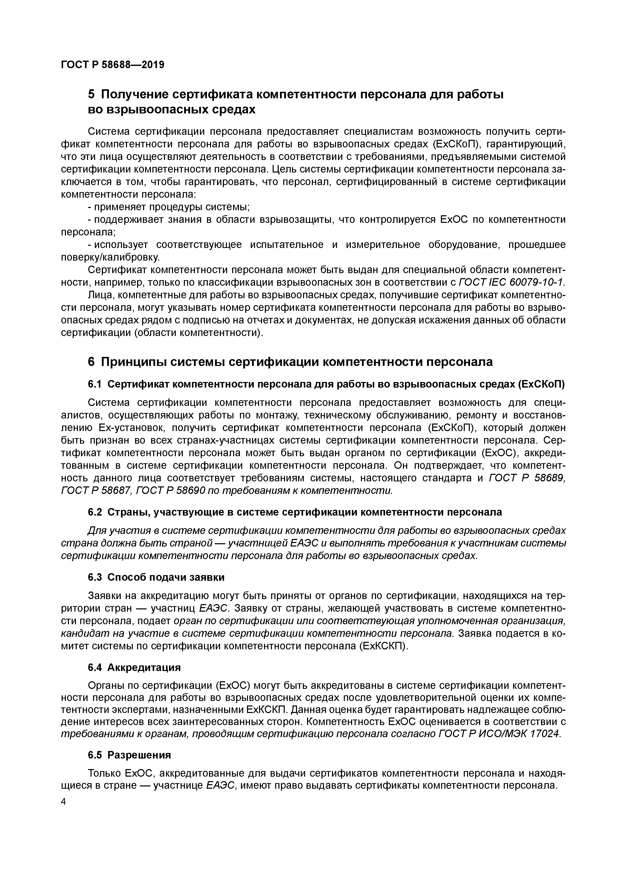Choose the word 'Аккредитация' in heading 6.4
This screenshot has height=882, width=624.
click(144, 667)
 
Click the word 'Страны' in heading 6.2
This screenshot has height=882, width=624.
click(124, 512)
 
